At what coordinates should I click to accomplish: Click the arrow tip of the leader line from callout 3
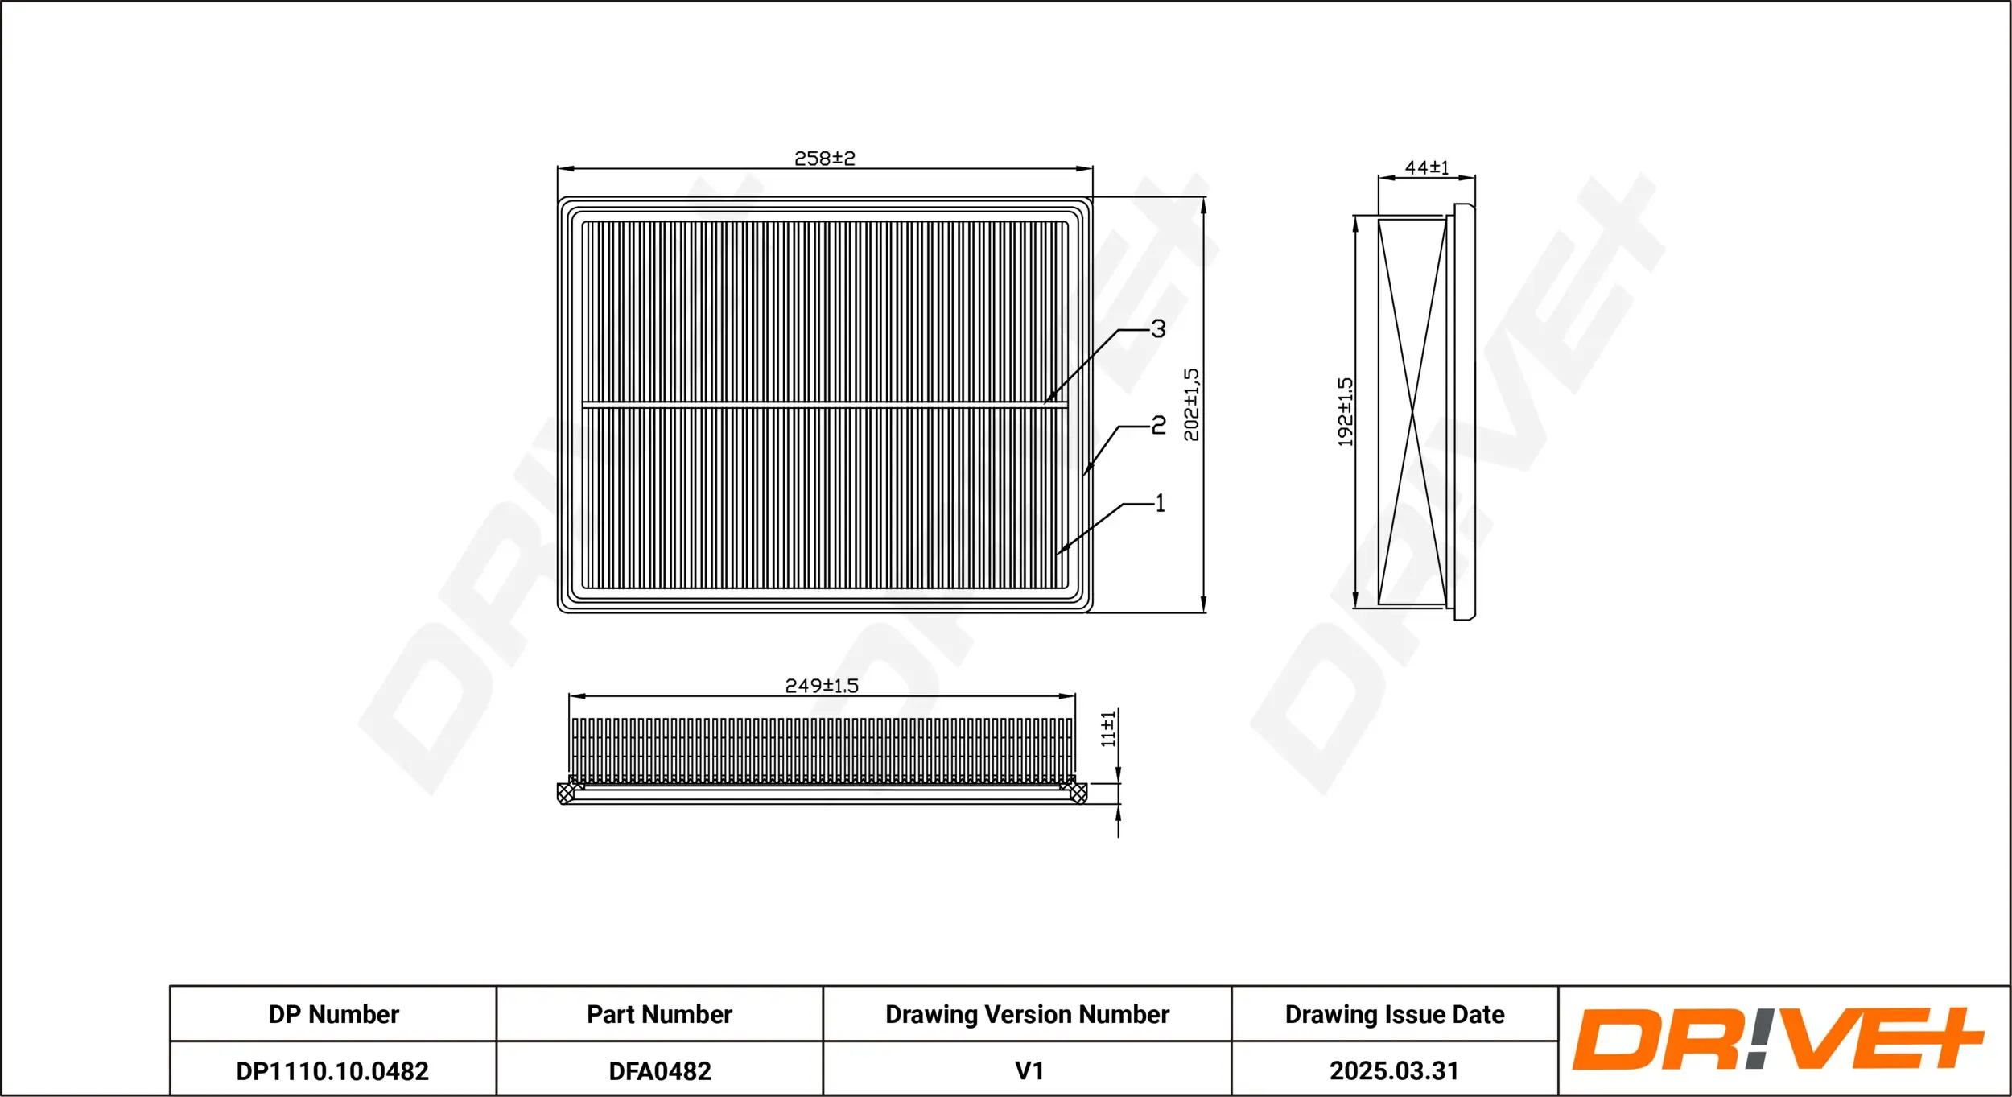(x=1044, y=403)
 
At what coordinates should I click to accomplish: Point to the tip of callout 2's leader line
(x=1083, y=476)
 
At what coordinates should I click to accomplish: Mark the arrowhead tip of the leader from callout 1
(x=1057, y=554)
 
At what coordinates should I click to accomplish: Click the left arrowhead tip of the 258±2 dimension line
(x=558, y=169)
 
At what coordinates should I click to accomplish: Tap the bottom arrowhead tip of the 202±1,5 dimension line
(x=1203, y=612)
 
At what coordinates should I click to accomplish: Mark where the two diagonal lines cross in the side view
(x=1412, y=413)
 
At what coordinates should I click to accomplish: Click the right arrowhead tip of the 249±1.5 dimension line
(x=1075, y=696)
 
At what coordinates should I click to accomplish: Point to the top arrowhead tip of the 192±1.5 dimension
(x=1355, y=216)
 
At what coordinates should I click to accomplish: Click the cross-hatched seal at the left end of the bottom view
(x=567, y=793)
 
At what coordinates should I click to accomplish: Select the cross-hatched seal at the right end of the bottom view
(x=1078, y=793)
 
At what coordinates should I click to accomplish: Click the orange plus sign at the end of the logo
(x=1944, y=1038)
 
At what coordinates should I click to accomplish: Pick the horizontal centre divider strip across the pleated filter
(x=825, y=404)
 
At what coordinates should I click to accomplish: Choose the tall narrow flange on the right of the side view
(x=1464, y=411)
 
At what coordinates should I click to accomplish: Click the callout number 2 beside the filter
(x=1159, y=425)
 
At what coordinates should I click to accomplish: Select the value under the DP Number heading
(x=332, y=1071)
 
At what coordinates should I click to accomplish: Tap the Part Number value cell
(x=660, y=1071)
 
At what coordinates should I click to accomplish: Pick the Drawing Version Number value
(x=1029, y=1071)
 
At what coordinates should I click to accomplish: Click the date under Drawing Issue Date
(x=1394, y=1071)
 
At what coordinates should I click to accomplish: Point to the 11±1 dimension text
(x=1108, y=729)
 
